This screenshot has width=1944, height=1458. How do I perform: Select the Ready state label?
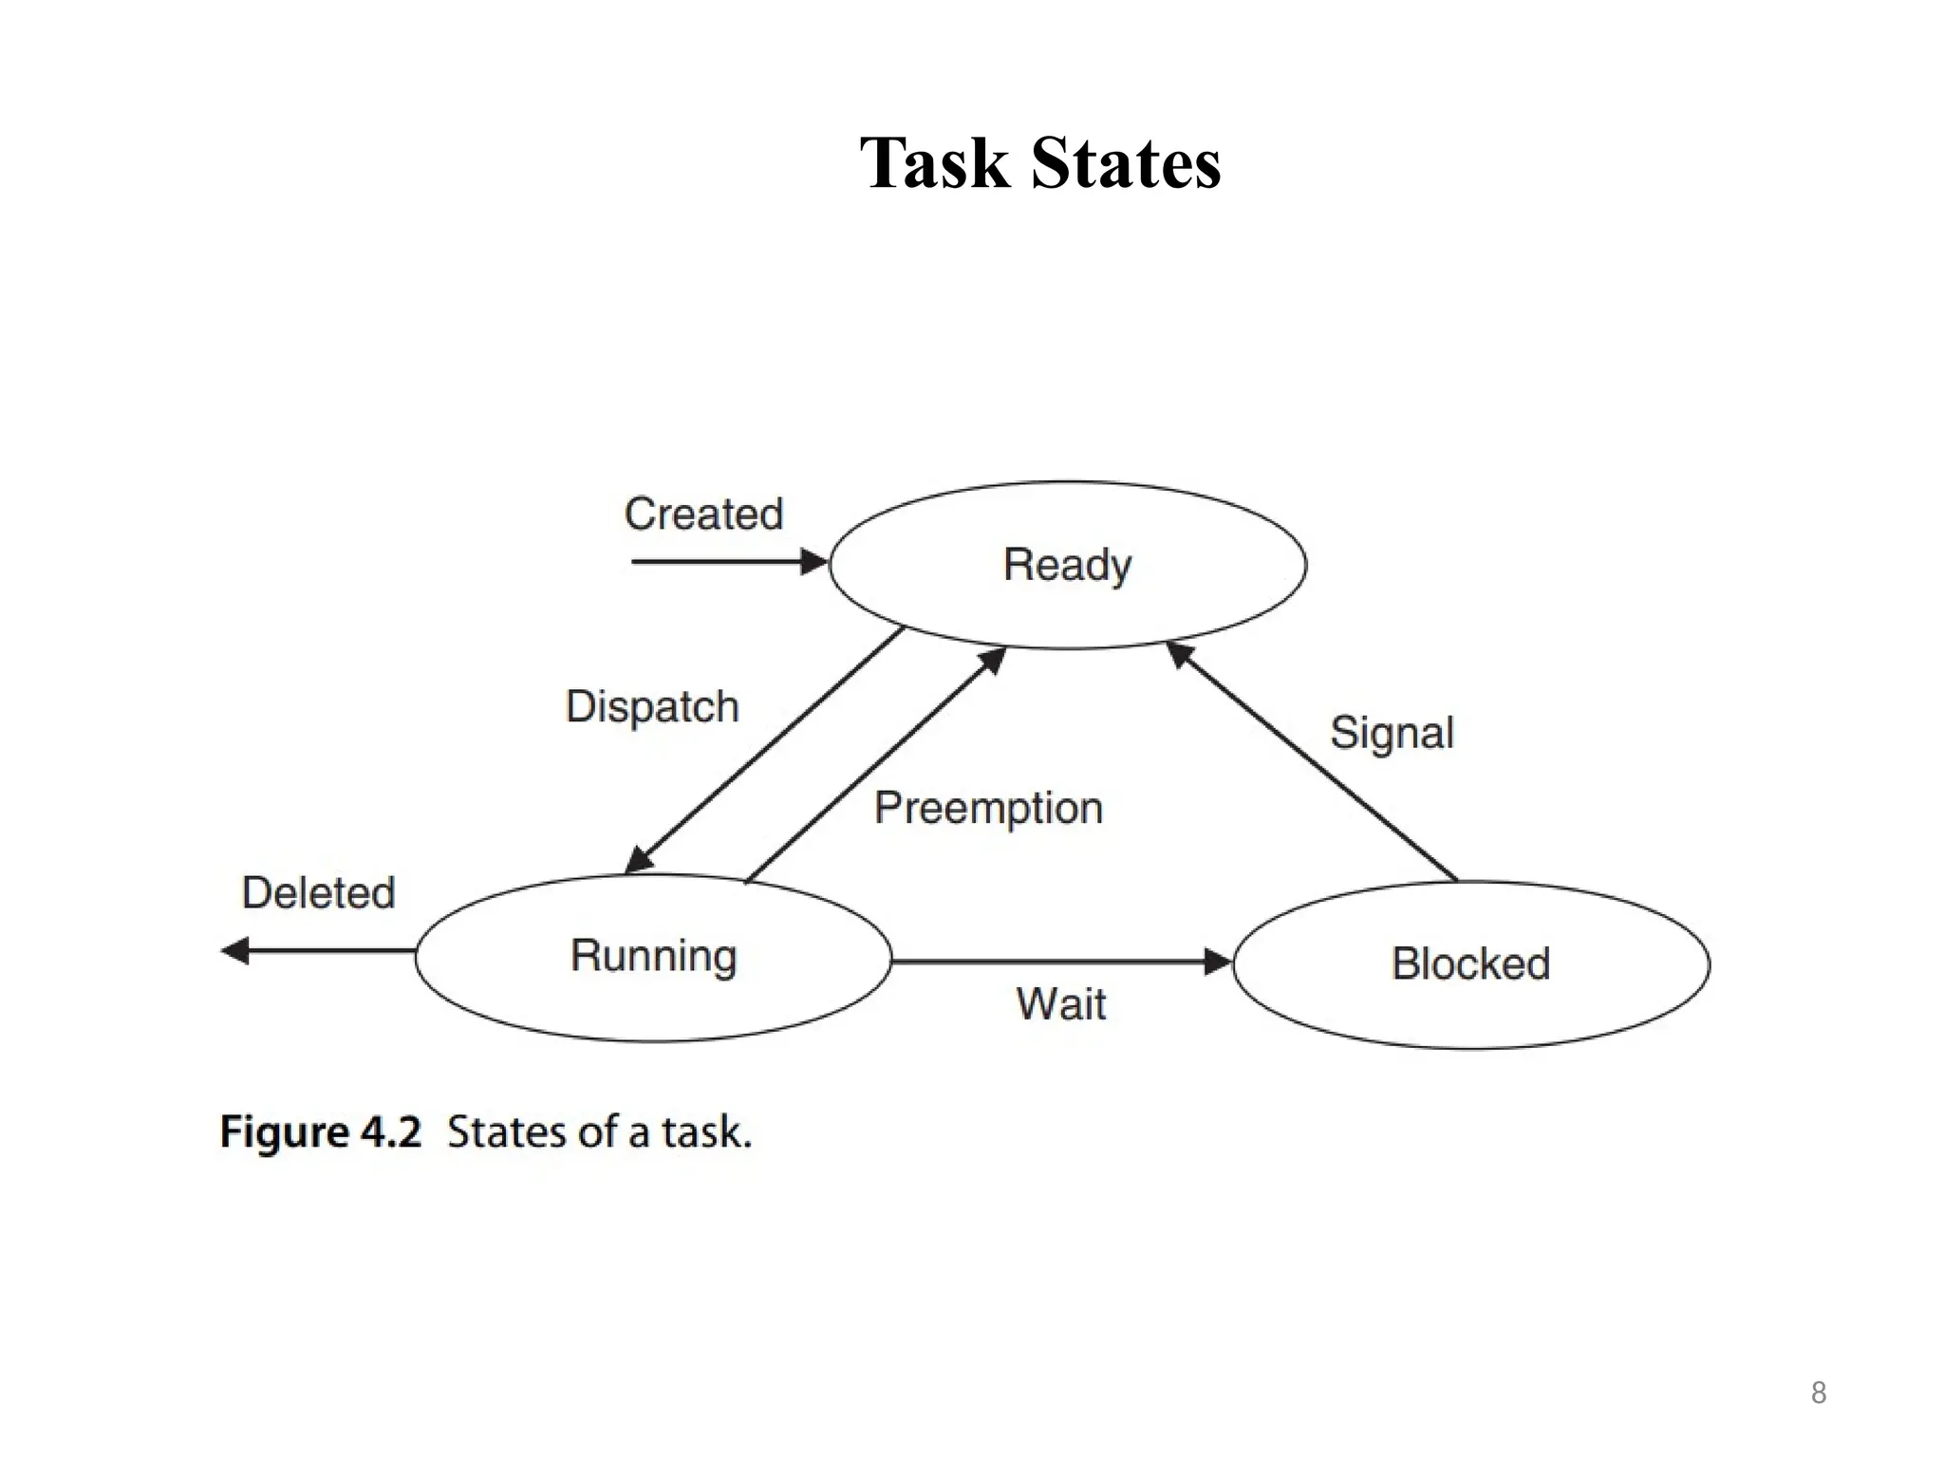1067,565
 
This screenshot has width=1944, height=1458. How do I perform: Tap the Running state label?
653,956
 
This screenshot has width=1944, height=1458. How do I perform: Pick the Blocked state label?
1470,963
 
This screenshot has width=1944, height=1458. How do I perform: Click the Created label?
703,514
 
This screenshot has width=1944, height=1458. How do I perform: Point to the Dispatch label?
652,707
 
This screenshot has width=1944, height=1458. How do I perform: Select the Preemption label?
988,809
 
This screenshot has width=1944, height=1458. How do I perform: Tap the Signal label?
1392,733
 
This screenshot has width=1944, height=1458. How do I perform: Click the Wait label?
1060,1004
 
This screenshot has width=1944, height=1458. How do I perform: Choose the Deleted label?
318,893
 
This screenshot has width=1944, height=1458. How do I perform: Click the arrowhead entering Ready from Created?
814,562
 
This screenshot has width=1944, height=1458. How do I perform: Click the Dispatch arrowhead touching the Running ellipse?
639,859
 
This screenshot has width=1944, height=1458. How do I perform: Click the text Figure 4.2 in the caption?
320,1132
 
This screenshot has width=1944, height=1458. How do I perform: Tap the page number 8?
1818,1393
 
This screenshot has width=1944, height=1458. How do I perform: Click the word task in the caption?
705,1132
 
